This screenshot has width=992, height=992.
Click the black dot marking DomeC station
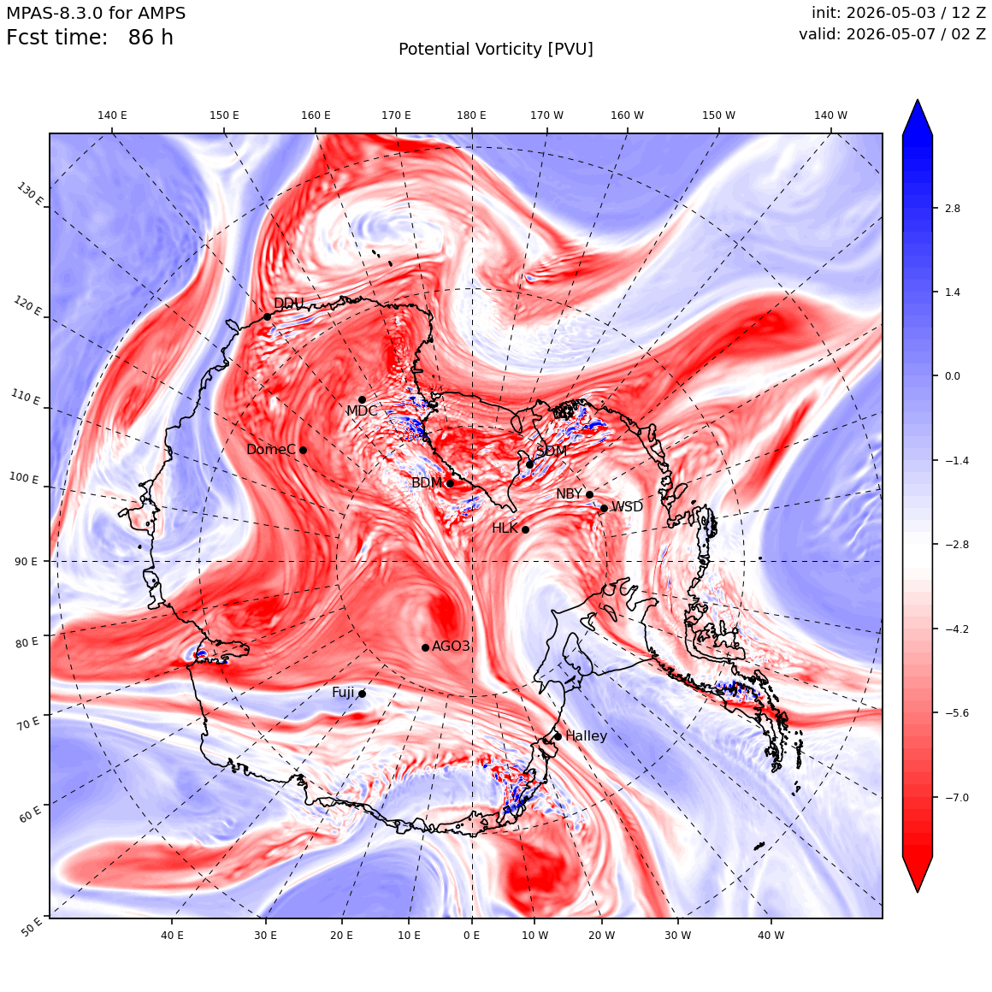tap(303, 450)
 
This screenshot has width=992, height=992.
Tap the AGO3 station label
tap(451, 646)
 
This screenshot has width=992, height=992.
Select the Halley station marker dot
tap(558, 736)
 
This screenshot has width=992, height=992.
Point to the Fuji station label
tap(343, 693)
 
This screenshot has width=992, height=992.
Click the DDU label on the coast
tap(288, 303)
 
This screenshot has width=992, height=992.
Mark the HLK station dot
tap(525, 529)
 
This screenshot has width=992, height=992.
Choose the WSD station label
tap(627, 507)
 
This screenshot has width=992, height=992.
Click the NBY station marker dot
tap(589, 495)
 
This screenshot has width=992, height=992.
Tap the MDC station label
tap(361, 411)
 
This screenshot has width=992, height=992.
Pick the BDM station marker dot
tap(451, 483)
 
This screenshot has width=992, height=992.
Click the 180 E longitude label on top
tap(471, 115)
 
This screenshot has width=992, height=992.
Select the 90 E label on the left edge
tap(26, 562)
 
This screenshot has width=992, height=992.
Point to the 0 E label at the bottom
tap(471, 935)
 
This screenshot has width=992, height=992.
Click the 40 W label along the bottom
tap(771, 935)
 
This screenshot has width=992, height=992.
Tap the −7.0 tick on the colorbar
tap(957, 797)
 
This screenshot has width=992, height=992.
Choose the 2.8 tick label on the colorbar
tap(953, 208)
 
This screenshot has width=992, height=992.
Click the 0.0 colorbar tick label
tap(953, 375)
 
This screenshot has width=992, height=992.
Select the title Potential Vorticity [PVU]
tap(496, 50)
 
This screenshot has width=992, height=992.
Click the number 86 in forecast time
tap(140, 38)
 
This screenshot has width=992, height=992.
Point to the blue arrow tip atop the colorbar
tap(918, 100)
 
